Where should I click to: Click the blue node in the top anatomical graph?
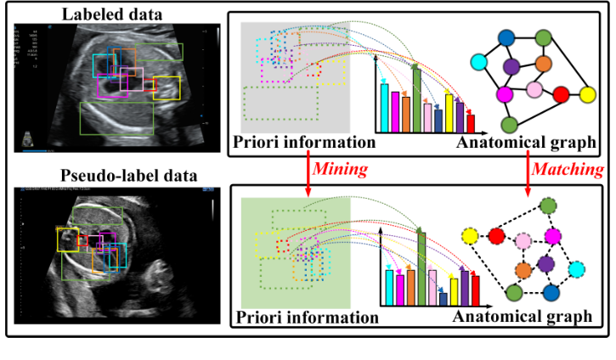coord(507,37)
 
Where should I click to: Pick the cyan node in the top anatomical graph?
coord(480,62)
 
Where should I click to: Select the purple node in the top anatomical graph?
coord(511,65)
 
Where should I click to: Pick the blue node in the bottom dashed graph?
coord(551,294)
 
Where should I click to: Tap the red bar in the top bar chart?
coord(471,124)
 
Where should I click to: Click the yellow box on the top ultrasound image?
coord(167,88)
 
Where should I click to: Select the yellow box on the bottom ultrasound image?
coord(68,239)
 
